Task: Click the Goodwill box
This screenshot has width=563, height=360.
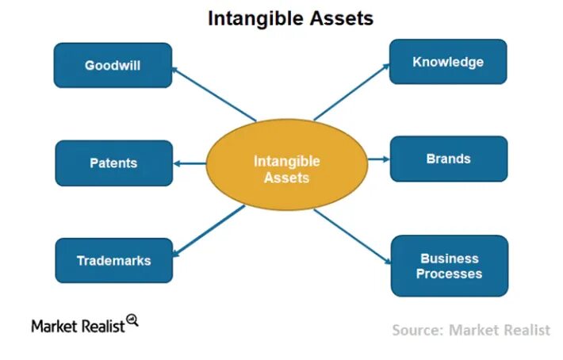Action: pos(113,65)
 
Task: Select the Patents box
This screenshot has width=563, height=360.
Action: pos(113,163)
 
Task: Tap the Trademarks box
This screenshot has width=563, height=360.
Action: pos(113,260)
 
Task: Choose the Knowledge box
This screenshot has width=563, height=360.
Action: pos(448,62)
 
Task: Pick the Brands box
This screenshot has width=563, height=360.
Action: pos(448,159)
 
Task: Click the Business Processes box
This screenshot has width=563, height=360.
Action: pos(450,266)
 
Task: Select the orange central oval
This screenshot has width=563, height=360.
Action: pos(286,169)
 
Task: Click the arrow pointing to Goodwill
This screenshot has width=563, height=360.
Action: pos(213,93)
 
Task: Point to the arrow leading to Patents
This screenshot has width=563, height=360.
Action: pos(190,163)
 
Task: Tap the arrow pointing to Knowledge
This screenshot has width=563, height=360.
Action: pos(351,91)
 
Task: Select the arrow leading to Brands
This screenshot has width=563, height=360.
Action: pos(378,159)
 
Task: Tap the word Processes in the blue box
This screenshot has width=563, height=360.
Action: pos(450,274)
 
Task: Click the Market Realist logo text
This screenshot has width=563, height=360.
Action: pos(78,325)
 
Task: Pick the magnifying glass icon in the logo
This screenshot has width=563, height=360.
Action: pos(132,320)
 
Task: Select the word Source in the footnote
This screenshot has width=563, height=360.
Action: pos(416,330)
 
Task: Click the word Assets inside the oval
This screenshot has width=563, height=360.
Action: pos(286,178)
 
